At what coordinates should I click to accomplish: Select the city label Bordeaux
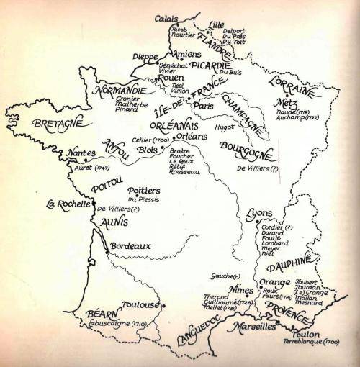pos(131,245)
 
